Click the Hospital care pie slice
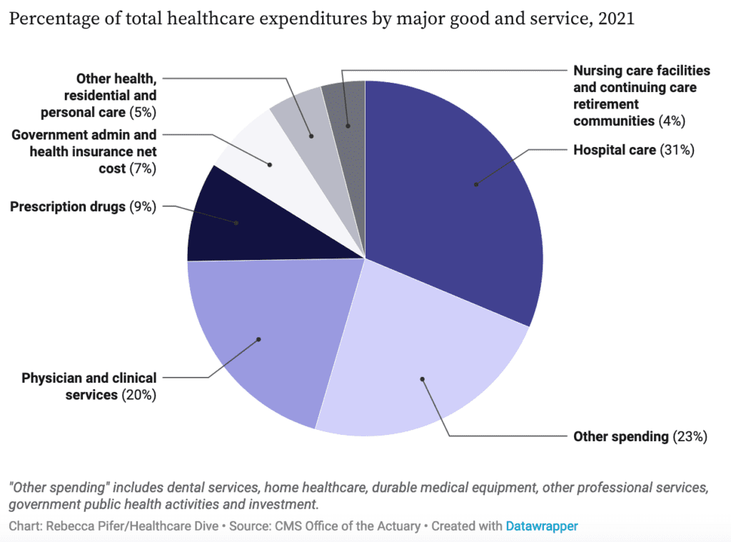[457, 193]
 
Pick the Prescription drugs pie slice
[228, 221]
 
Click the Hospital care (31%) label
[633, 150]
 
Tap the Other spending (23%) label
[640, 436]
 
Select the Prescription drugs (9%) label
[83, 207]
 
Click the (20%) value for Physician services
[138, 394]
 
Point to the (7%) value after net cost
[143, 169]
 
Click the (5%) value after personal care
[143, 111]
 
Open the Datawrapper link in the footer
[541, 526]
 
